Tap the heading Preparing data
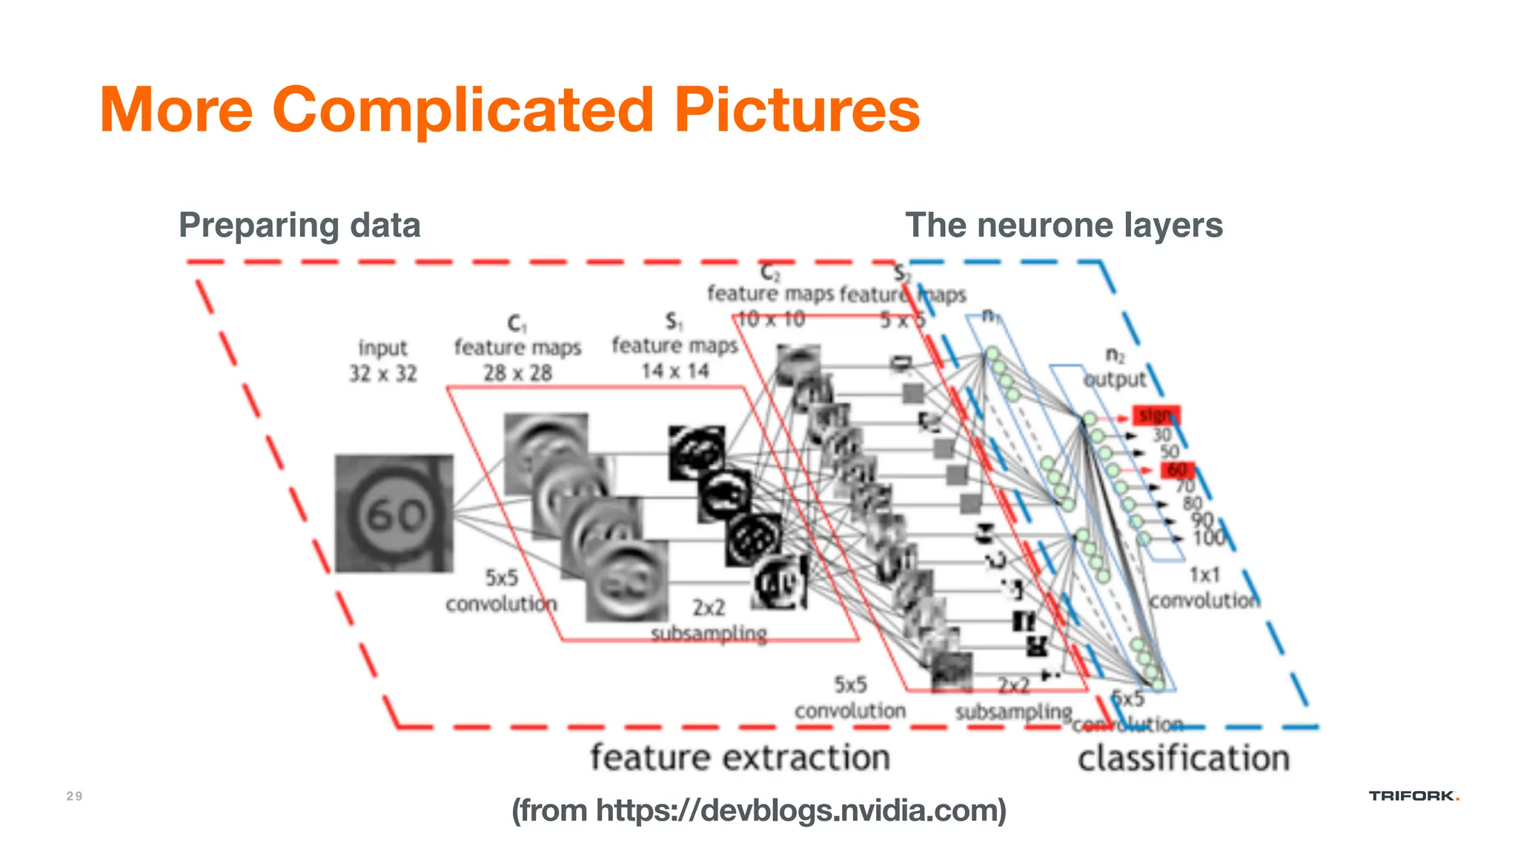coord(299,225)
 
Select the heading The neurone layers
coord(1064,225)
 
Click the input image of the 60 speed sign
coord(394,514)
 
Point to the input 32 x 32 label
coord(382,360)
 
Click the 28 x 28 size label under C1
coord(517,373)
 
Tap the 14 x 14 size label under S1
coord(675,371)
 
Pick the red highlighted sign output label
coord(1156,415)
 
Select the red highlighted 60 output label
coord(1177,470)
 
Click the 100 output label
coord(1208,538)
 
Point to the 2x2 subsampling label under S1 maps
coord(709,621)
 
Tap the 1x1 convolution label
coord(1204,588)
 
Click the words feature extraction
coord(740,758)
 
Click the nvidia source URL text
coord(759,810)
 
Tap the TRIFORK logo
coord(1413,796)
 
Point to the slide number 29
coord(74,796)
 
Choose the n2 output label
coord(1115,368)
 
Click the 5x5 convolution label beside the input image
coord(501,591)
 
